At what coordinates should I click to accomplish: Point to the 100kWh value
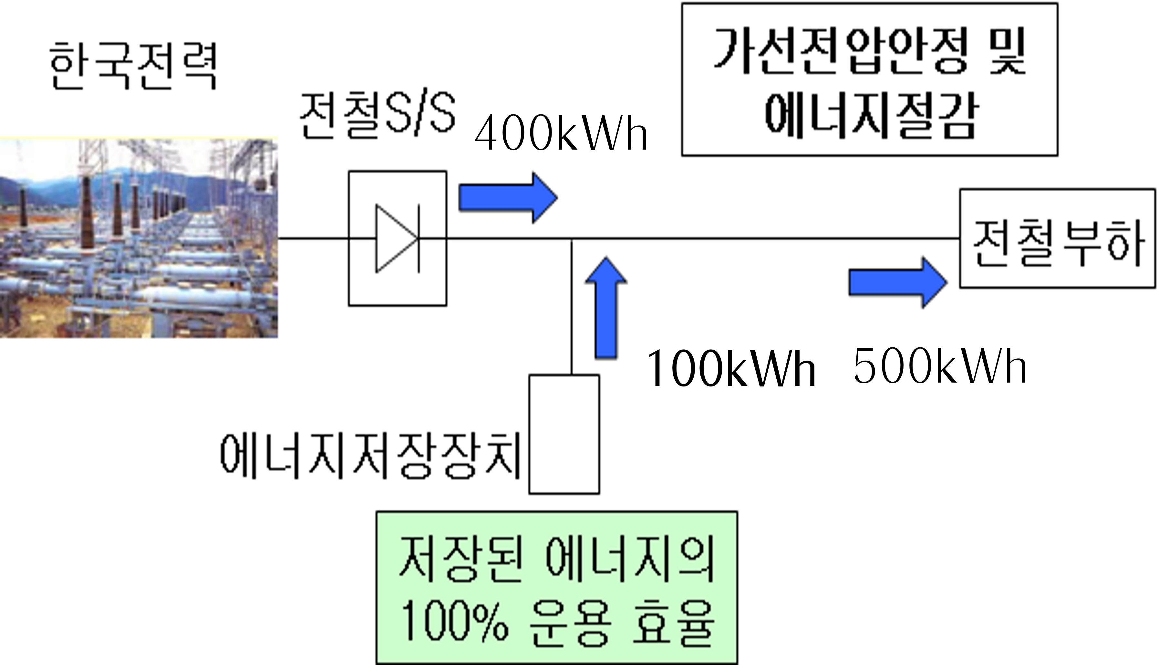point(731,369)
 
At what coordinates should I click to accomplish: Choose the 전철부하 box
point(1058,238)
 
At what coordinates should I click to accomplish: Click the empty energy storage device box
point(564,434)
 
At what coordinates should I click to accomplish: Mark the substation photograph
point(138,238)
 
